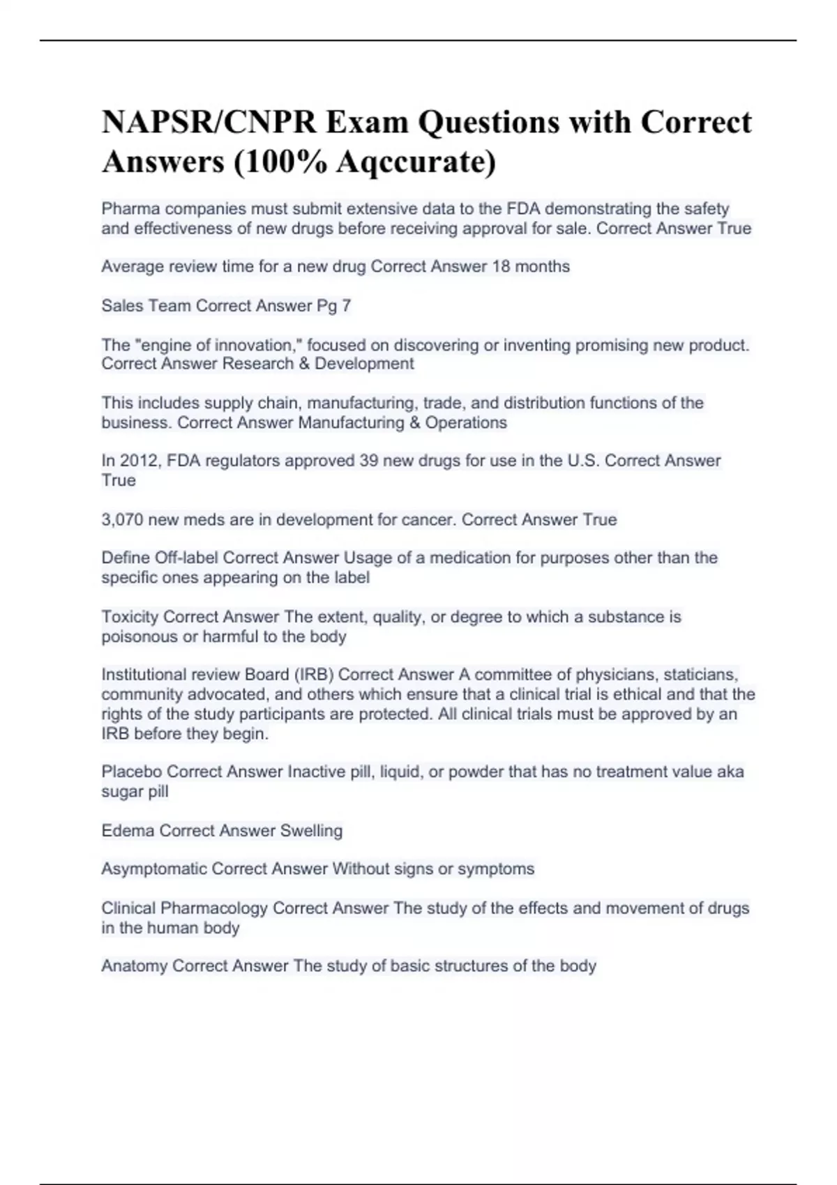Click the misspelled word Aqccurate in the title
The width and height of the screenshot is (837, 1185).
tap(416, 162)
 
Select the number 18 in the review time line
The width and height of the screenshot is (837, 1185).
tap(502, 266)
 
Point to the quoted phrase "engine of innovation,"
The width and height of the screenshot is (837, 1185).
tap(214, 345)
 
